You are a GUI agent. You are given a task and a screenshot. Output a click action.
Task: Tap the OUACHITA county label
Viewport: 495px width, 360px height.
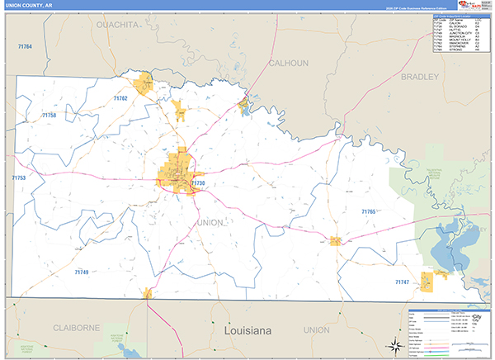click(118, 26)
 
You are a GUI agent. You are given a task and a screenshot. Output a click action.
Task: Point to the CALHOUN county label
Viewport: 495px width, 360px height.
click(288, 63)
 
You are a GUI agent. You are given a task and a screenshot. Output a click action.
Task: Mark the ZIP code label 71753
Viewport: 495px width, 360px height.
click(18, 178)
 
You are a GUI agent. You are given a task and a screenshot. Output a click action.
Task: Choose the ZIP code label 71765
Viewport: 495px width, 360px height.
click(368, 212)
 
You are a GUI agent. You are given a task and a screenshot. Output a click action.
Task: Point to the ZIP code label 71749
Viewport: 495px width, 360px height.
click(81, 272)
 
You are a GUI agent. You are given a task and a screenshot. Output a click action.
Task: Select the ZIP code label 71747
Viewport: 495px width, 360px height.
click(402, 282)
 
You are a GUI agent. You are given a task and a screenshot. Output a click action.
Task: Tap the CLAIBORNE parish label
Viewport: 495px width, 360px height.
click(77, 328)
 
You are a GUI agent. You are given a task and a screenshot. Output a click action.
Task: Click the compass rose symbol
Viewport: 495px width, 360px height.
click(395, 343)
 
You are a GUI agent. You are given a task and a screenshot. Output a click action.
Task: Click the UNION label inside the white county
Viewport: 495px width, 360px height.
click(210, 222)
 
